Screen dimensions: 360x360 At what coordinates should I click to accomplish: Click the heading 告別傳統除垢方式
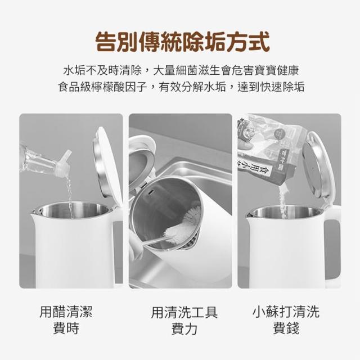[x=182, y=42]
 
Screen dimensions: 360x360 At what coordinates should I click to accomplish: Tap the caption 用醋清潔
[x=66, y=312]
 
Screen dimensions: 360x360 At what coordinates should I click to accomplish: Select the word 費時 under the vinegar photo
[x=66, y=328]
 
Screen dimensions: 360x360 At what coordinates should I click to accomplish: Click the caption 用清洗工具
[x=184, y=313]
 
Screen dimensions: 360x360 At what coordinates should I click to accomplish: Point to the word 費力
[x=184, y=328]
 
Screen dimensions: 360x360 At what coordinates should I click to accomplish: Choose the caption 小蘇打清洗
[x=286, y=312]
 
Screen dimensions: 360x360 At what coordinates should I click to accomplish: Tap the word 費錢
[x=286, y=328]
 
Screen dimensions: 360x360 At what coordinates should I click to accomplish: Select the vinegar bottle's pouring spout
[x=64, y=163]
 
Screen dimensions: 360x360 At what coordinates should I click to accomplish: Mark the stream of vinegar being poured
[x=69, y=197]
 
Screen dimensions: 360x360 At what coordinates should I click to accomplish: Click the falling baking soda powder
[x=283, y=202]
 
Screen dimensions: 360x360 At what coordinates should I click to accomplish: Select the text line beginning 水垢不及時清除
[x=181, y=70]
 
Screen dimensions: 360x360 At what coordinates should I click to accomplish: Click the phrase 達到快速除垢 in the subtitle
[x=271, y=87]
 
